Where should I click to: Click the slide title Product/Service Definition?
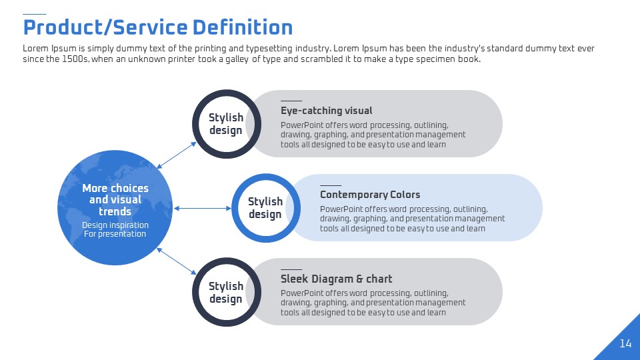[x=158, y=27]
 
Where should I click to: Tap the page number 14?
[x=625, y=343]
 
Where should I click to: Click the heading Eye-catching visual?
[x=327, y=111]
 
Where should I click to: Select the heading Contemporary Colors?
[x=370, y=195]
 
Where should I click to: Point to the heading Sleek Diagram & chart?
[x=336, y=279]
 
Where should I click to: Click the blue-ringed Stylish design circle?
[x=266, y=208]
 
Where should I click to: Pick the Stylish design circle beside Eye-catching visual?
[x=227, y=124]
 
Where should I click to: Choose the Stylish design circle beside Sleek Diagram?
[x=227, y=292]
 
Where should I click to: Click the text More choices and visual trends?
[x=115, y=199]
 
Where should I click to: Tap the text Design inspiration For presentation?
[x=115, y=229]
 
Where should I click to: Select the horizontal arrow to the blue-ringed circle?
[x=203, y=208]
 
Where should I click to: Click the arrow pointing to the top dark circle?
[x=177, y=155]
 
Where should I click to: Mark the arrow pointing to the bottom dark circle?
[x=177, y=261]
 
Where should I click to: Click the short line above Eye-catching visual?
[x=291, y=101]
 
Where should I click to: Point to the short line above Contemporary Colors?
[x=331, y=185]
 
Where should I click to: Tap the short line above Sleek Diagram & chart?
[x=291, y=269]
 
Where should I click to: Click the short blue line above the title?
[x=35, y=14]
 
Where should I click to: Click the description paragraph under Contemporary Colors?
[x=412, y=219]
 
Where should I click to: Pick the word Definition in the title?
[x=243, y=27]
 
